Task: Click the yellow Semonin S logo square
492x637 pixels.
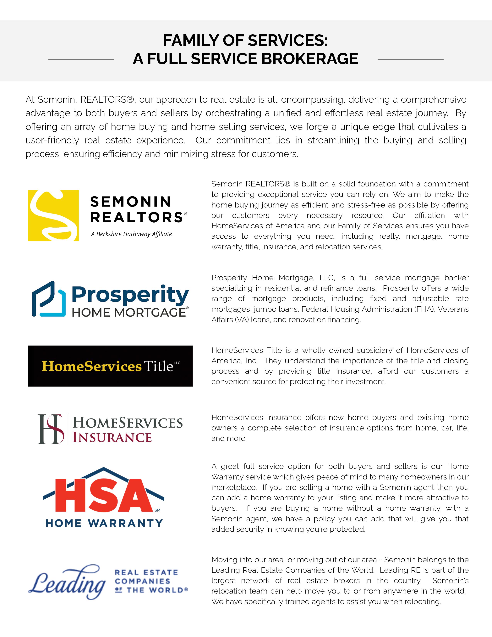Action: click(x=53, y=216)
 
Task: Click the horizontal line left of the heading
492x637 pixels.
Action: click(x=81, y=59)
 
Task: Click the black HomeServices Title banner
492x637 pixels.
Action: click(x=110, y=366)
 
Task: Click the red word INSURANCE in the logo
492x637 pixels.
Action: click(x=112, y=437)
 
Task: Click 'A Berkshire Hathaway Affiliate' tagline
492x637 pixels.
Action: click(x=131, y=234)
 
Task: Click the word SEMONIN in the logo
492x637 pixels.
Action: click(x=131, y=202)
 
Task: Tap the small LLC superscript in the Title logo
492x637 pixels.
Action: click(x=177, y=363)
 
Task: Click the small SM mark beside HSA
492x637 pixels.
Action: click(x=157, y=510)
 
